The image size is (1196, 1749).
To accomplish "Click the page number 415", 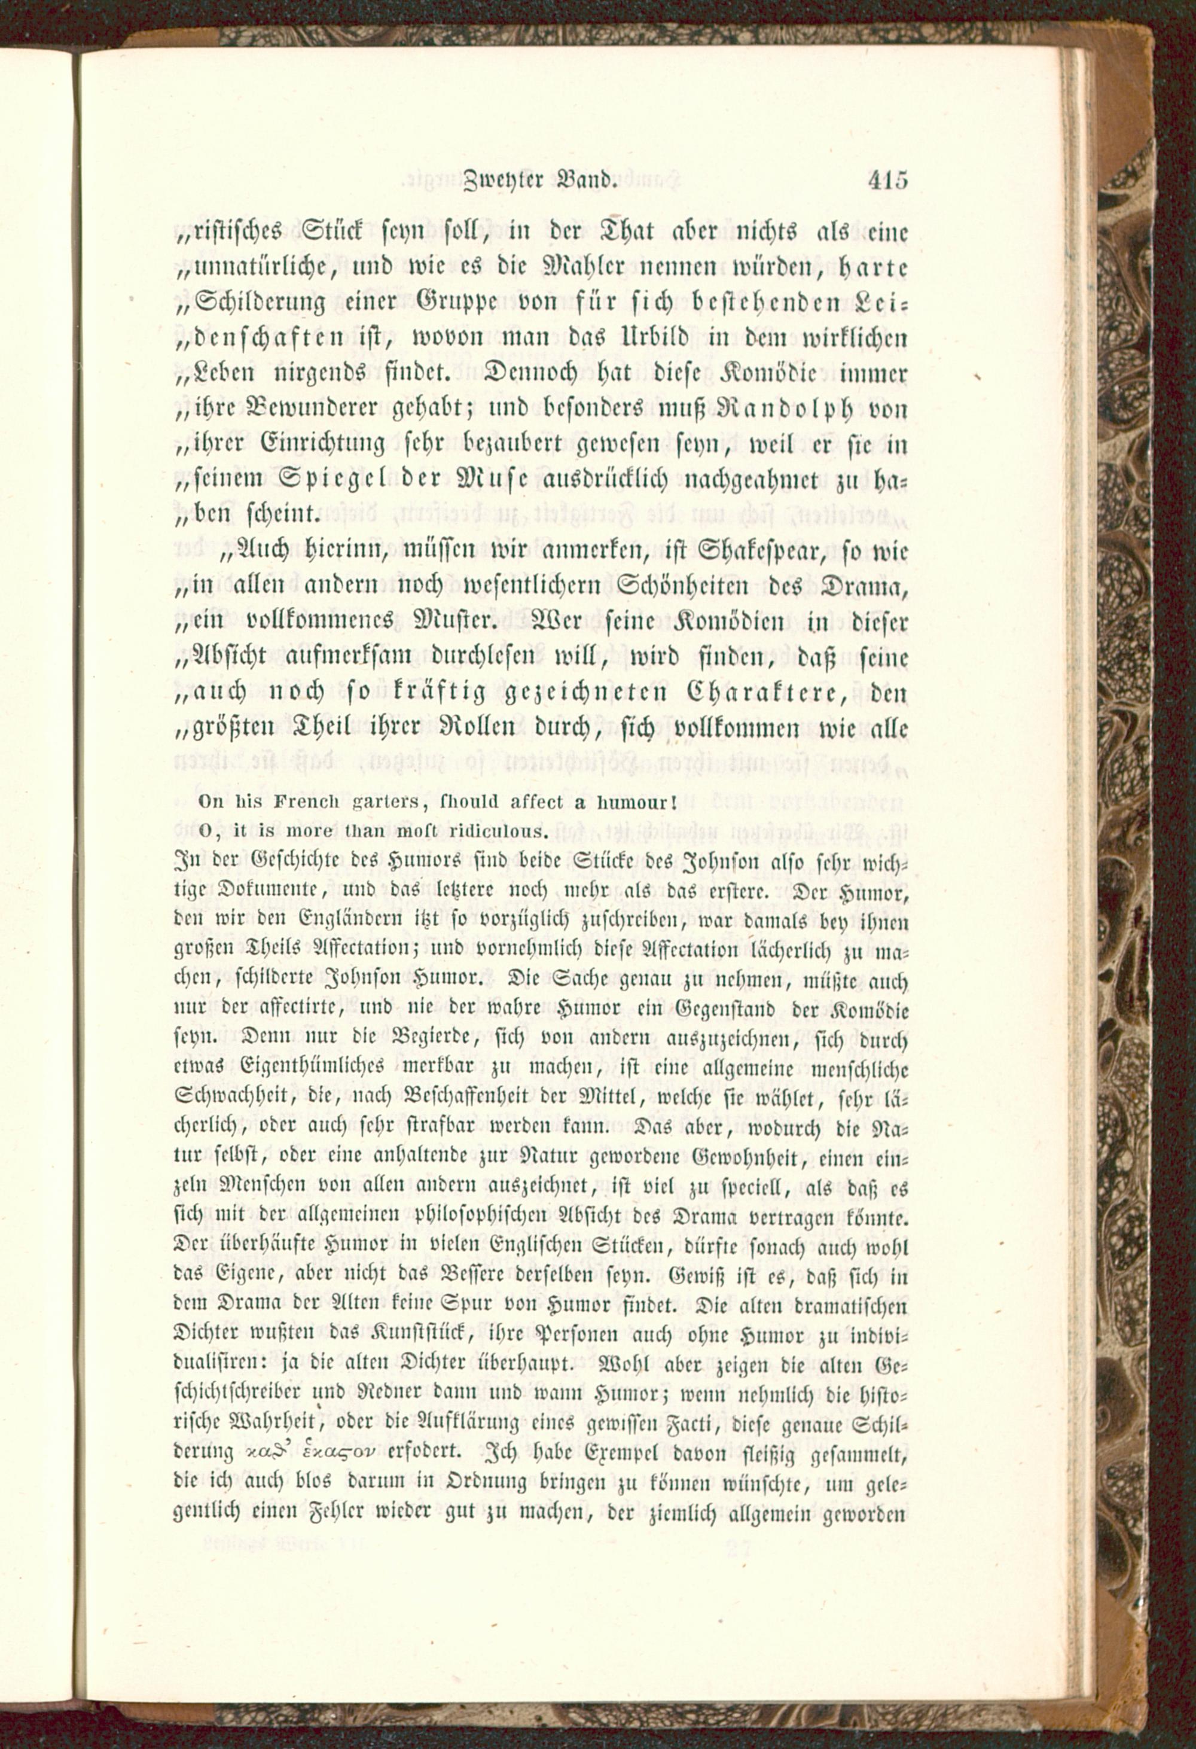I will pyautogui.click(x=887, y=181).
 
